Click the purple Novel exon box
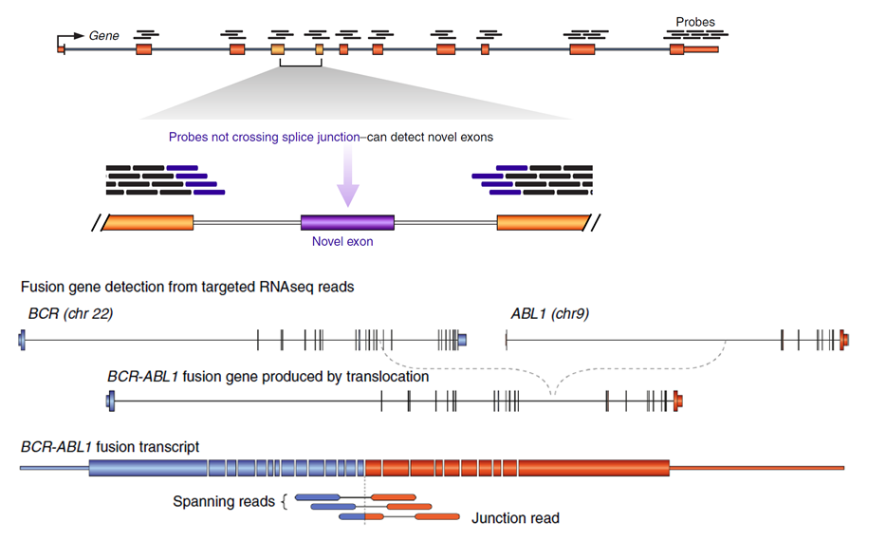pos(347,222)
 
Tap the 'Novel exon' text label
pos(342,241)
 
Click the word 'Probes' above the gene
pos(695,22)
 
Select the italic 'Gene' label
pos(104,36)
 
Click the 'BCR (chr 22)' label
pos(70,314)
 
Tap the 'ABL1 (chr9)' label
pos(550,314)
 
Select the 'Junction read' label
pos(515,518)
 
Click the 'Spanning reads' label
pos(224,501)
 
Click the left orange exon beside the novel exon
pos(147,223)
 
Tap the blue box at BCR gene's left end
pos(22,341)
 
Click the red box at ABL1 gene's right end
pos(844,341)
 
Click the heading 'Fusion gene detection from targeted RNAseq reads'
pos(188,288)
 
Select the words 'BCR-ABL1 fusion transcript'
pos(110,447)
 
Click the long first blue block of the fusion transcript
pos(148,468)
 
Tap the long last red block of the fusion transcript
pos(594,468)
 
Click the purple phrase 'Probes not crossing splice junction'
pos(264,137)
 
